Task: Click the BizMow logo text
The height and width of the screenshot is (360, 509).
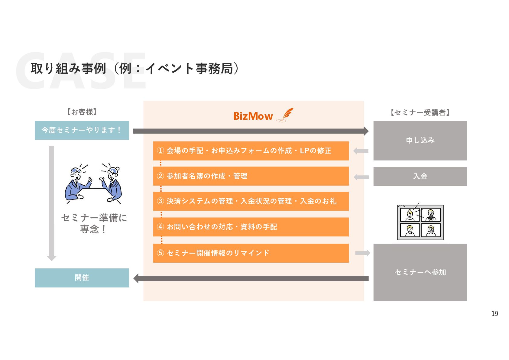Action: pos(253,116)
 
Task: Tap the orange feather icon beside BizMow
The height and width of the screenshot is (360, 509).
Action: pos(286,115)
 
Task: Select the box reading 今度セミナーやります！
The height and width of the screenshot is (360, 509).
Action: pos(82,130)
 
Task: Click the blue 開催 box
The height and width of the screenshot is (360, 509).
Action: pos(82,278)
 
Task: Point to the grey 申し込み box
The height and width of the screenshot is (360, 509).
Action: pos(420,141)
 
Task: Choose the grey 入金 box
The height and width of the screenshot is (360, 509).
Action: pos(420,177)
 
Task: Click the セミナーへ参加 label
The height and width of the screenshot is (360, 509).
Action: pos(420,272)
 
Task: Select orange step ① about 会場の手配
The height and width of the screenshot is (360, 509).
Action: pos(251,151)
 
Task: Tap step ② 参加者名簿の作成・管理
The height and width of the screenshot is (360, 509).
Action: pos(251,176)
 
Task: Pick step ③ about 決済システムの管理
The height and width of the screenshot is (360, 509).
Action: pos(251,201)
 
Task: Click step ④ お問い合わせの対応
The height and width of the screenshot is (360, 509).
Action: pos(251,227)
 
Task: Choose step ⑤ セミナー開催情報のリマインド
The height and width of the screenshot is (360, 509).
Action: pos(251,253)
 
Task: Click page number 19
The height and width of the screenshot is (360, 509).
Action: pos(494,314)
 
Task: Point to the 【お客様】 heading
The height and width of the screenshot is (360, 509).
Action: pos(82,112)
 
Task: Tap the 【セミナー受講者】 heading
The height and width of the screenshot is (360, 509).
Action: pos(420,113)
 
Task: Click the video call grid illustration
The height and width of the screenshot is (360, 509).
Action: pos(420,222)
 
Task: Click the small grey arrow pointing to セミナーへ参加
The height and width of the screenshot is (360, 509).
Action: pos(362,253)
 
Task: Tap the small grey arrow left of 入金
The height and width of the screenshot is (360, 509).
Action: pos(361,177)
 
